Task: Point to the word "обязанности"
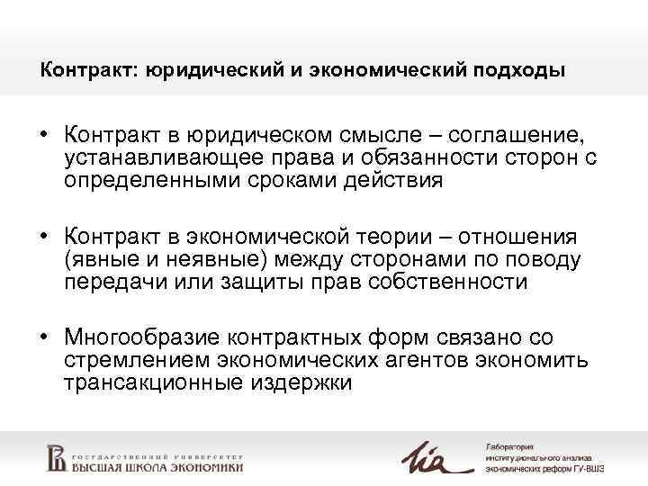coord(421,158)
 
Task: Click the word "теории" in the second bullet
coord(397,238)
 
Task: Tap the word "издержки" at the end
coord(308,382)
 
